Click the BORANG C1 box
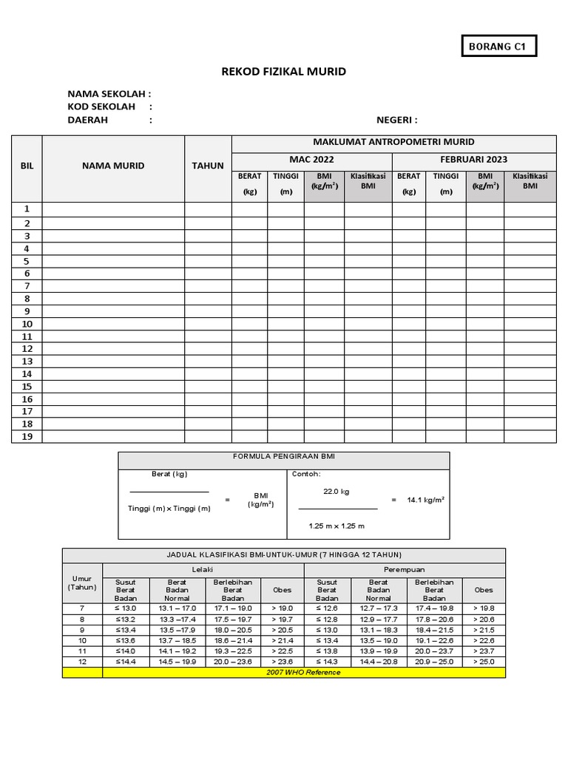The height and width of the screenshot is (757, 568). [x=498, y=47]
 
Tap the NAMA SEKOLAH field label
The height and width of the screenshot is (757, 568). [x=109, y=94]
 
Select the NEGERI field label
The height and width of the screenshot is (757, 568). [x=397, y=120]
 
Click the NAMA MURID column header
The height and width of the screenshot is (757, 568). [x=113, y=166]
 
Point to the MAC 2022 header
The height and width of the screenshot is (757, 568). [x=311, y=160]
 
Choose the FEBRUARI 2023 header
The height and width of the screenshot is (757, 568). [x=473, y=160]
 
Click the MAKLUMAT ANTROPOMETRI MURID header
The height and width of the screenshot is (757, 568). [x=393, y=142]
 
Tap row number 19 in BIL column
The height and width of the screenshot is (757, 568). [x=27, y=436]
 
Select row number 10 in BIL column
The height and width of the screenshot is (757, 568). [x=27, y=324]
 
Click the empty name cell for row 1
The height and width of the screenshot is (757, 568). [x=113, y=209]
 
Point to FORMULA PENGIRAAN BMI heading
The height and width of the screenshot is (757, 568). [x=284, y=458]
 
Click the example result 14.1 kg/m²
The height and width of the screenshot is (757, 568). [x=425, y=500]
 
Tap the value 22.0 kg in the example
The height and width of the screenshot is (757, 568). [x=337, y=491]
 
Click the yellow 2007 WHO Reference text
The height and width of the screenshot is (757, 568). [x=304, y=672]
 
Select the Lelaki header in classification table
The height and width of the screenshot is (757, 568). [x=203, y=570]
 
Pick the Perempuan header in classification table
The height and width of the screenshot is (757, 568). [x=405, y=570]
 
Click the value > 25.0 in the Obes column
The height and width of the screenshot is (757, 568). [x=484, y=662]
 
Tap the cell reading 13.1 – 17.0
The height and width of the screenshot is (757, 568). [x=177, y=608]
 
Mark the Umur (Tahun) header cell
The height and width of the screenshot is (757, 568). [x=82, y=583]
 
